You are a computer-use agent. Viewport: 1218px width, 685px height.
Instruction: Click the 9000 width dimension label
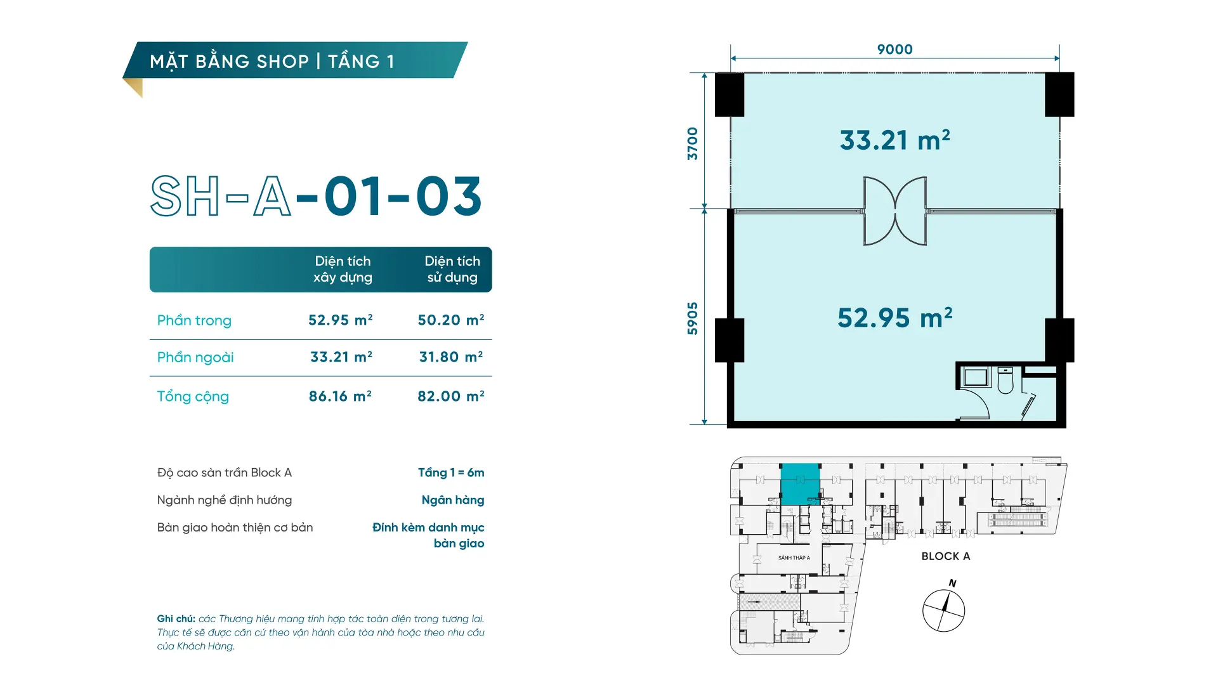pyautogui.click(x=894, y=49)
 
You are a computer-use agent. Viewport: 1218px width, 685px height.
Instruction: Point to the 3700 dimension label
pyautogui.click(x=692, y=143)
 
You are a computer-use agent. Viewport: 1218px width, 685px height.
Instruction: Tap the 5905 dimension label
pyautogui.click(x=692, y=318)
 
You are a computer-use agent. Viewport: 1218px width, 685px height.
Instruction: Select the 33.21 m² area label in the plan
pyautogui.click(x=894, y=140)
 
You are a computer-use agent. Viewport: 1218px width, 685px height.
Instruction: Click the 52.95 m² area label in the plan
pyautogui.click(x=894, y=318)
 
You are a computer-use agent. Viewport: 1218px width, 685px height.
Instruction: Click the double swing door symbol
pyautogui.click(x=895, y=211)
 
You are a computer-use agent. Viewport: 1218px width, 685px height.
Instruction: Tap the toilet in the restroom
pyautogui.click(x=1005, y=380)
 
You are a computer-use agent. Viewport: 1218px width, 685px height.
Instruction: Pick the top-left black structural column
pyautogui.click(x=730, y=95)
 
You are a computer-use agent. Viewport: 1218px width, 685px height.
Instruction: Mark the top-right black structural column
pyautogui.click(x=1059, y=95)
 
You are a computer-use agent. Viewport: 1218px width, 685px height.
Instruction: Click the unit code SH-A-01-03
pyautogui.click(x=316, y=196)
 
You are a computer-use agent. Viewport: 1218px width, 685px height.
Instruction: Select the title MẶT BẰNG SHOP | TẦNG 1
pyautogui.click(x=272, y=62)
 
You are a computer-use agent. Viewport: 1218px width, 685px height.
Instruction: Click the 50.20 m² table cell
pyautogui.click(x=451, y=320)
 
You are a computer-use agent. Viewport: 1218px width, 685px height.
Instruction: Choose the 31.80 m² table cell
pyautogui.click(x=451, y=356)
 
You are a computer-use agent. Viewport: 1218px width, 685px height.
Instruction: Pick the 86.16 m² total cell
pyautogui.click(x=340, y=396)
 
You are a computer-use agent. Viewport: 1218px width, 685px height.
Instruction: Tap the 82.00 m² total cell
pyautogui.click(x=451, y=396)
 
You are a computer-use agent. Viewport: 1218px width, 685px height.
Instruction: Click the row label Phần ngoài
pyautogui.click(x=195, y=357)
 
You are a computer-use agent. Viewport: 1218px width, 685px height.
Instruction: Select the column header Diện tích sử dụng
pyautogui.click(x=452, y=269)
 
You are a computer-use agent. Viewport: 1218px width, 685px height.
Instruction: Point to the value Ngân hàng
pyautogui.click(x=453, y=500)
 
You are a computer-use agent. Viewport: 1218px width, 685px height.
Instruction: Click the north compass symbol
pyautogui.click(x=944, y=610)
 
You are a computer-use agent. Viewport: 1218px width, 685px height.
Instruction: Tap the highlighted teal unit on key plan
pyautogui.click(x=800, y=484)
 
